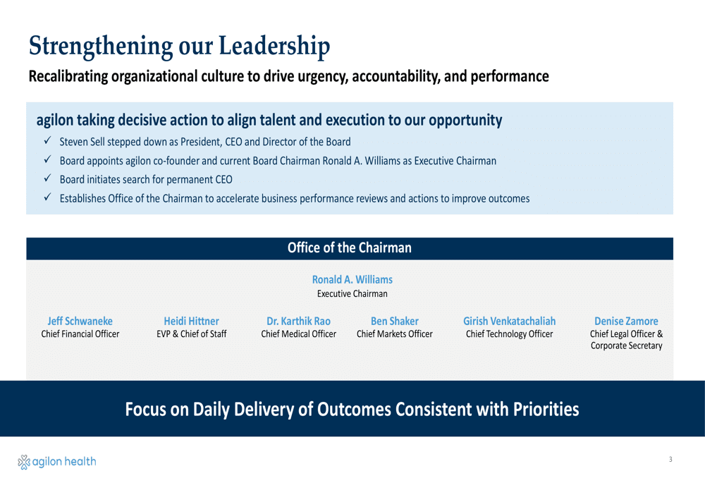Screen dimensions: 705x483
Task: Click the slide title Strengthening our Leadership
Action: [179, 47]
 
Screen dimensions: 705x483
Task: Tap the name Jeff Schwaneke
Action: [80, 321]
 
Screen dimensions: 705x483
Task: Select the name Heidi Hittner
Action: [192, 321]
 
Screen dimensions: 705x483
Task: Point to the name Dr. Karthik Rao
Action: [298, 321]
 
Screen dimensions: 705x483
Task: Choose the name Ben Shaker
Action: [395, 321]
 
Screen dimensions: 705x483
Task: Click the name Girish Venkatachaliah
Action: [510, 321]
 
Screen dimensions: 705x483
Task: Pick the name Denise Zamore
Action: [626, 321]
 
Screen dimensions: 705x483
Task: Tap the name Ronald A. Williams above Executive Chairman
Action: [352, 280]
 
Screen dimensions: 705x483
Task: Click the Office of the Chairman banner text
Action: [350, 247]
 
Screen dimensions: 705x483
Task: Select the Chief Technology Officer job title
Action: [510, 334]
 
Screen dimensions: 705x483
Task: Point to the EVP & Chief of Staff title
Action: [192, 334]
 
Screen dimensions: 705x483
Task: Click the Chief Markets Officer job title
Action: [395, 334]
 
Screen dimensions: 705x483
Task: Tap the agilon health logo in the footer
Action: [57, 462]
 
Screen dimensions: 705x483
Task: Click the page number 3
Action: [670, 459]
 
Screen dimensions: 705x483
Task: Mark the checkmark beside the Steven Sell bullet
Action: [47, 141]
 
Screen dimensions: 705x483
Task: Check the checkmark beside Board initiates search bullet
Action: [47, 178]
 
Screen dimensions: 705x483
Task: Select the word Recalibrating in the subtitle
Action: [68, 76]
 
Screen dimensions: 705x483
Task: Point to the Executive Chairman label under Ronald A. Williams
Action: [352, 293]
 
